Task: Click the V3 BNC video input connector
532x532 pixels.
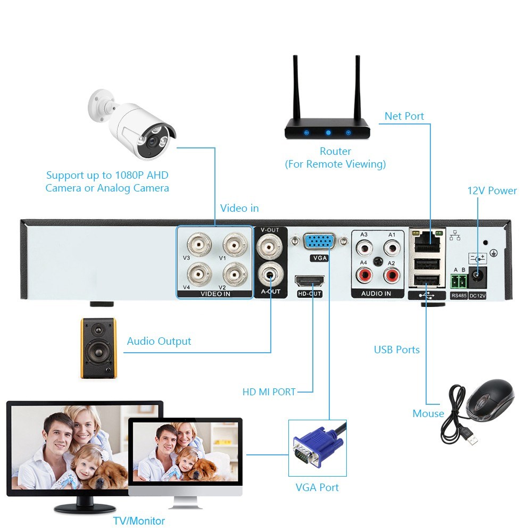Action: (x=197, y=245)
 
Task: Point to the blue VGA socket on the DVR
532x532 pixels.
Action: (x=319, y=242)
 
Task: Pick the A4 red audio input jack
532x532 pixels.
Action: (x=364, y=275)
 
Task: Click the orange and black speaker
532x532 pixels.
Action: (x=98, y=348)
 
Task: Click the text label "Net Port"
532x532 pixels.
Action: (x=404, y=116)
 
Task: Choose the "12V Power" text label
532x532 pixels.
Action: (x=492, y=190)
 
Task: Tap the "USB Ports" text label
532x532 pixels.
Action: (x=396, y=350)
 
